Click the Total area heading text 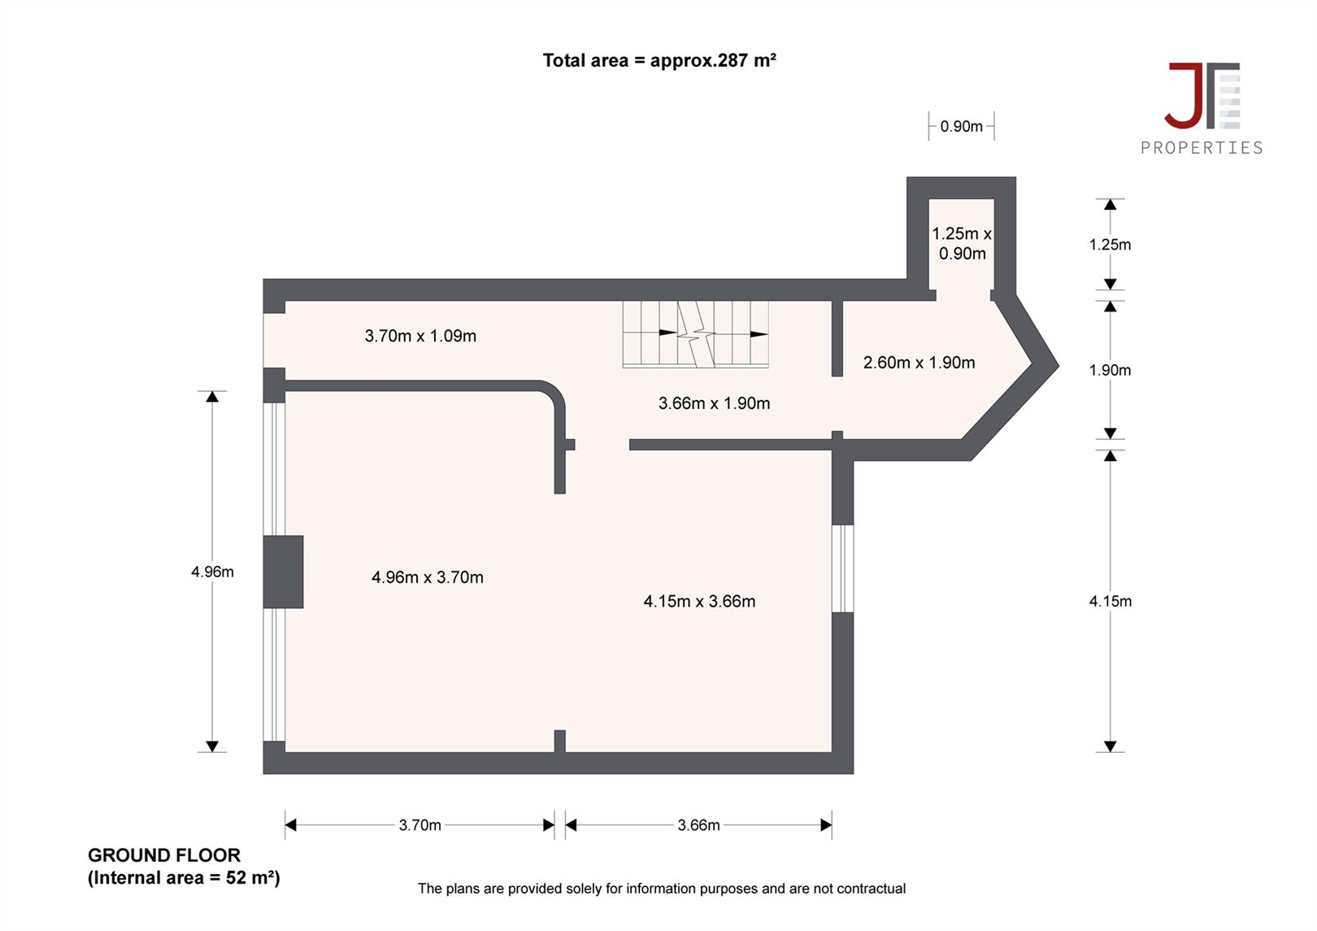[659, 61]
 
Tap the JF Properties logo [1202, 108]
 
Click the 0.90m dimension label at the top [961, 127]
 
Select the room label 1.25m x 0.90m [962, 243]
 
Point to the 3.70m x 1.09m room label [420, 336]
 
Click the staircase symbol [696, 334]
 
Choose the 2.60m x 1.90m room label [919, 363]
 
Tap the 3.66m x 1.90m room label [714, 403]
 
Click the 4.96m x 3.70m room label [428, 577]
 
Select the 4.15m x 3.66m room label [699, 602]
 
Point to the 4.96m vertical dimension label [212, 572]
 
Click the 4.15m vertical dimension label [1110, 601]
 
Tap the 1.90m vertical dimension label [1110, 370]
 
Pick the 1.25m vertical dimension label [1110, 245]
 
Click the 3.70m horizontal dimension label [419, 825]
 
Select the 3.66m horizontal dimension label [698, 825]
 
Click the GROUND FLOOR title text [164, 855]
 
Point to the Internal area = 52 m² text [184, 878]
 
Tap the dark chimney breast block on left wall [283, 572]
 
